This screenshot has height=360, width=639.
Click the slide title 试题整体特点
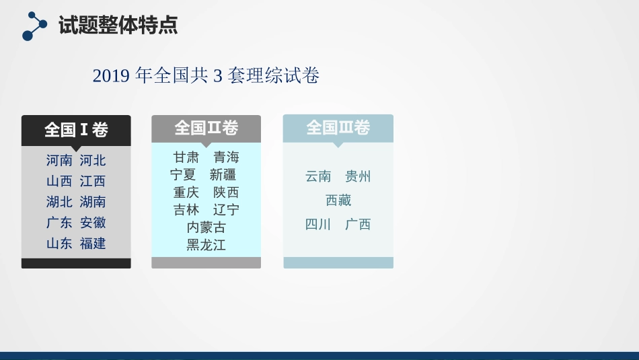[118, 26]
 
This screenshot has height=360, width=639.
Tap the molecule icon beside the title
[34, 26]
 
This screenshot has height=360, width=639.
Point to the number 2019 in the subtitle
[111, 76]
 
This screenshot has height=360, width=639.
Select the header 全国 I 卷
[76, 129]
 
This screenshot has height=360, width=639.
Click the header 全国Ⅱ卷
[206, 128]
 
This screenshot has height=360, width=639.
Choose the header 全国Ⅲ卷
[338, 128]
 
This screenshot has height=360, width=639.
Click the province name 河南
[59, 161]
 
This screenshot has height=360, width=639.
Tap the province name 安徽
[93, 223]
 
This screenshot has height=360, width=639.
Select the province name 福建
[93, 244]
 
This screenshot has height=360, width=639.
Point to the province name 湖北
[59, 202]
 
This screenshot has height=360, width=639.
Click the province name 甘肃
[186, 157]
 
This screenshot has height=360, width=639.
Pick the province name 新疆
[223, 175]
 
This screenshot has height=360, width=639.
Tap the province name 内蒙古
[206, 227]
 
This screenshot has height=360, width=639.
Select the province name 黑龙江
[206, 245]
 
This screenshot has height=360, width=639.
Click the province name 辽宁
[226, 210]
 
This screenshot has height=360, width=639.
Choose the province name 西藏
[338, 201]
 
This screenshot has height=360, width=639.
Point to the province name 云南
[318, 177]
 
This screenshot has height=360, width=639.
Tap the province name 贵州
[358, 177]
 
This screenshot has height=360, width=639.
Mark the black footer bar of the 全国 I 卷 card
[76, 263]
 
